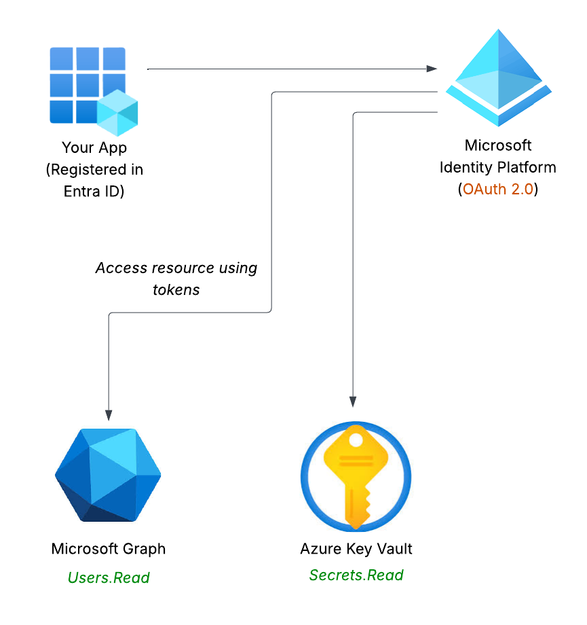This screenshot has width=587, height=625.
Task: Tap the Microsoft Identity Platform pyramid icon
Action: pos(499,77)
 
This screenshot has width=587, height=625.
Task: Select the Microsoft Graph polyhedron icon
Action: pos(108,475)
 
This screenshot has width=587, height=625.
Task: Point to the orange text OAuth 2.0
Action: pos(497,189)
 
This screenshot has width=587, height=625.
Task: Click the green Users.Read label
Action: pos(109,577)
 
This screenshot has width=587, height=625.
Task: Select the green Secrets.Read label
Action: pos(356,575)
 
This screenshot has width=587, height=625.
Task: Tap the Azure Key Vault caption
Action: pos(356,549)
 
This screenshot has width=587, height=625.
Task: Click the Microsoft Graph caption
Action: pos(109,549)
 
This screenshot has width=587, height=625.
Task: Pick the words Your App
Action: pos(94,147)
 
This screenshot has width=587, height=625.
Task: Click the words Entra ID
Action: pos(94,191)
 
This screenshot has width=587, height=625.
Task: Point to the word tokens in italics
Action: pos(176,290)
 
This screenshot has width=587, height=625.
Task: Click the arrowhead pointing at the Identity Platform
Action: pos(432,69)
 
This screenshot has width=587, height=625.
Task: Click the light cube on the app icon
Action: pos(117,110)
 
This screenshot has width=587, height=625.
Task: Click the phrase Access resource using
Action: pos(176,268)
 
